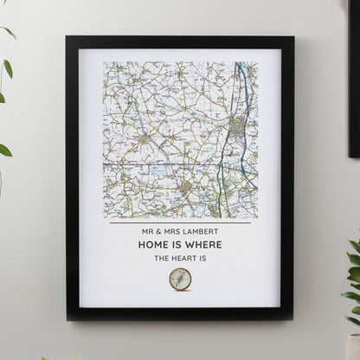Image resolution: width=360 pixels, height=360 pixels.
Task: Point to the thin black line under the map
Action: click(180, 223)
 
